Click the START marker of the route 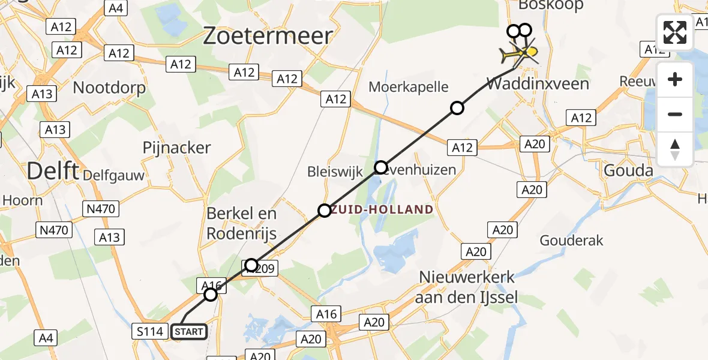tap(189, 331)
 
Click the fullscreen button tap(675, 32)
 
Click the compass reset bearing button tap(675, 149)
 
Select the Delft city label tap(53, 172)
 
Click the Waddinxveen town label tap(538, 83)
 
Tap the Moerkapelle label tap(409, 87)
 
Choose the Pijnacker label tap(176, 148)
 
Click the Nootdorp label tap(109, 88)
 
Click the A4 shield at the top tap(115, 8)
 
